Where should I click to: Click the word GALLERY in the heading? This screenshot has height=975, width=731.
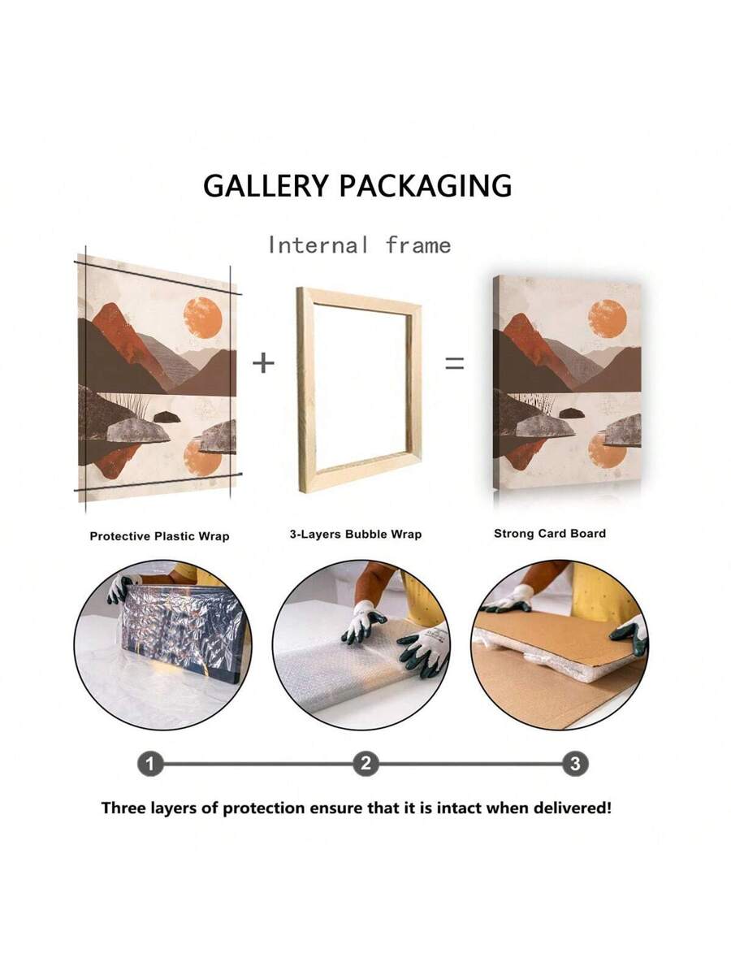[266, 185]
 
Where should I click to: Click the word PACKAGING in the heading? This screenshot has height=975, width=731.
[426, 185]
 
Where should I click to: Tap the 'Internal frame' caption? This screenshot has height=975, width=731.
[360, 245]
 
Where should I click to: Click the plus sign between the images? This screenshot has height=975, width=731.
[264, 363]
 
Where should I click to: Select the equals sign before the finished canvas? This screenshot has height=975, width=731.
[455, 363]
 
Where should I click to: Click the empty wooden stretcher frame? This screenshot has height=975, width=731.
[304, 391]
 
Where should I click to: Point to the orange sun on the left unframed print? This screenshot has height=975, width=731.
[202, 318]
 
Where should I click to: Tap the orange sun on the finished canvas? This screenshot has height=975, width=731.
[608, 318]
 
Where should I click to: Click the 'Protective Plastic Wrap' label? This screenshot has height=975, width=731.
[159, 536]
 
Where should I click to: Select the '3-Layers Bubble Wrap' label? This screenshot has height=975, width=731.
[356, 534]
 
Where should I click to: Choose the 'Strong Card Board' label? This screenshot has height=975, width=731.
[550, 533]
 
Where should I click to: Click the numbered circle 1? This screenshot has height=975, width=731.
[150, 765]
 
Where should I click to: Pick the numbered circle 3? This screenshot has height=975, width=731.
[575, 765]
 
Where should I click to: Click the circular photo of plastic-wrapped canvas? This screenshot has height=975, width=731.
[163, 644]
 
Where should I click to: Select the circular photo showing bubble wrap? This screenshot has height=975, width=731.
[361, 644]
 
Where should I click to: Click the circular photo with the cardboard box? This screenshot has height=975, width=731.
[560, 644]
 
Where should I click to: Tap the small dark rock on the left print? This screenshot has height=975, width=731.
[167, 417]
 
